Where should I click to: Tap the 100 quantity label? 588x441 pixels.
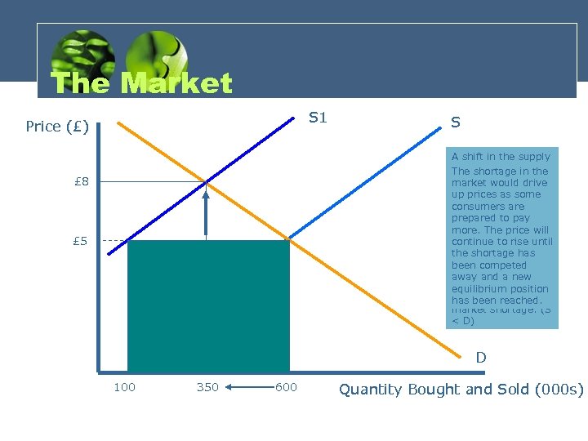pyautogui.click(x=124, y=387)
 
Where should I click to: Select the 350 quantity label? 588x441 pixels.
pyautogui.click(x=207, y=387)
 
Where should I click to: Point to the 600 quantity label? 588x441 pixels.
pyautogui.click(x=286, y=387)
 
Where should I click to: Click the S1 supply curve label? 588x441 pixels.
pyautogui.click(x=317, y=118)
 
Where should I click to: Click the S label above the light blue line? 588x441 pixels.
pyautogui.click(x=456, y=122)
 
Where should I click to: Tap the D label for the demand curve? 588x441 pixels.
pyautogui.click(x=481, y=358)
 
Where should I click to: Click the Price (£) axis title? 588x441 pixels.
pyautogui.click(x=57, y=127)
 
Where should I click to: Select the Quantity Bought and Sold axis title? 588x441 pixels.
pyautogui.click(x=461, y=390)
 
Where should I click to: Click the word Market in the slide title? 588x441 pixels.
pyautogui.click(x=176, y=83)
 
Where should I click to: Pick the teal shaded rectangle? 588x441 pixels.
pyautogui.click(x=208, y=306)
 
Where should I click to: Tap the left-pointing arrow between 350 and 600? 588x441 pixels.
pyautogui.click(x=249, y=387)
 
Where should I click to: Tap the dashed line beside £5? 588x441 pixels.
pyautogui.click(x=115, y=241)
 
